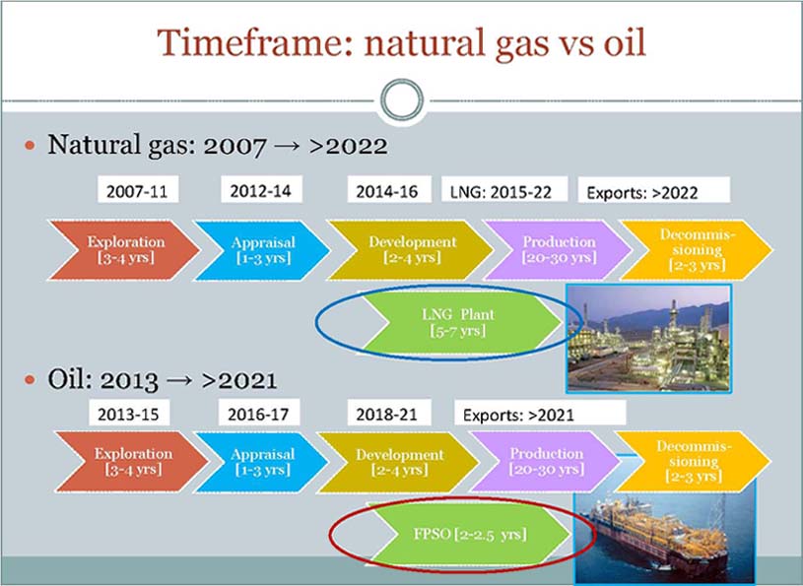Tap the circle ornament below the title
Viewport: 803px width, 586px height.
(401, 100)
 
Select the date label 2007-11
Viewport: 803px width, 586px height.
(136, 191)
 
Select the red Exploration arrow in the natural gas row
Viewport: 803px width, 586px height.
(116, 249)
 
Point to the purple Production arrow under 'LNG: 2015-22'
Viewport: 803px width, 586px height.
(557, 249)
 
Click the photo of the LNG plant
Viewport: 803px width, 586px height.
(647, 337)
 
